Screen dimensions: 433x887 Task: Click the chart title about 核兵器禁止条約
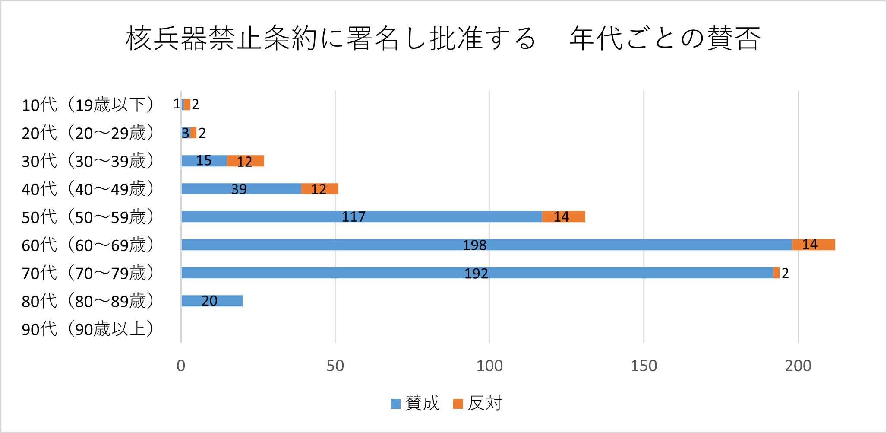click(443, 38)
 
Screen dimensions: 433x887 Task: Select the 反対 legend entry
click(478, 403)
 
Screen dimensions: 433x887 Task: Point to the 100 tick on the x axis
click(489, 366)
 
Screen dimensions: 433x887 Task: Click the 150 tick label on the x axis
click(644, 366)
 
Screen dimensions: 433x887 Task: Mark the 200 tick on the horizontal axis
click(798, 366)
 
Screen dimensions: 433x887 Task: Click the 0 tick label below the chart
click(181, 366)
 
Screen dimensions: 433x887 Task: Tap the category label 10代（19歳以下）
click(87, 105)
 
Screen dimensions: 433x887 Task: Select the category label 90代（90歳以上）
click(87, 329)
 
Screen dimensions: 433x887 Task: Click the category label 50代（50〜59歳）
click(87, 217)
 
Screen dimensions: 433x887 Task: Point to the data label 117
click(354, 216)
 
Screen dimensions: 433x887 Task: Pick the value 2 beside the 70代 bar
click(785, 273)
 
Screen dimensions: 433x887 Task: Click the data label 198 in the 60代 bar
click(474, 245)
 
